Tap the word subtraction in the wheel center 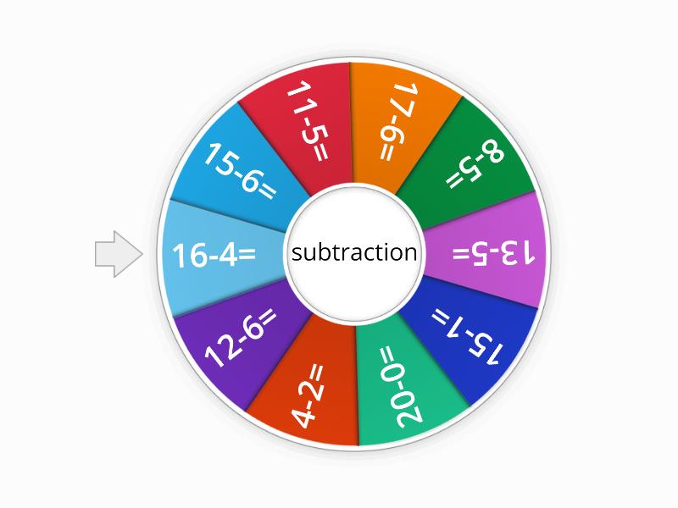[354, 252]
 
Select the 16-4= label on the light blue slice [214, 255]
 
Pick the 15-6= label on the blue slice [238, 172]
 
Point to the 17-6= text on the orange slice [398, 121]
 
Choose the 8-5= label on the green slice [475, 168]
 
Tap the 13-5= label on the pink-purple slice [493, 253]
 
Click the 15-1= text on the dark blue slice [468, 336]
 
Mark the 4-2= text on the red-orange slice [308, 396]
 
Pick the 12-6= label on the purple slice [241, 338]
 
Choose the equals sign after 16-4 [247, 254]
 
